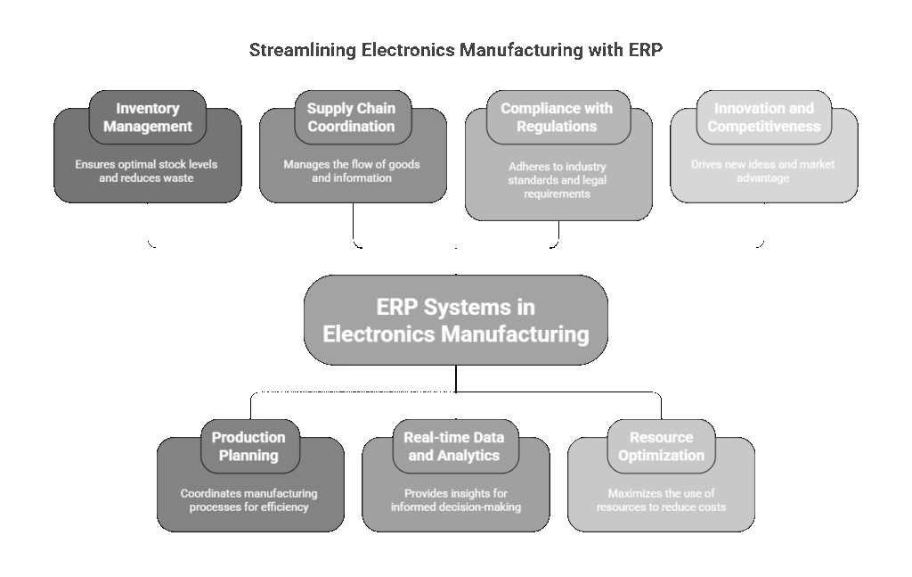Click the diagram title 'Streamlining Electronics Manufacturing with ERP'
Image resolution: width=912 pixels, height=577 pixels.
[x=455, y=50]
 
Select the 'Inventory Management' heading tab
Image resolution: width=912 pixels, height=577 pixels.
[x=148, y=117]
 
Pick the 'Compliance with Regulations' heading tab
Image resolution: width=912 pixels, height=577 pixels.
[x=557, y=117]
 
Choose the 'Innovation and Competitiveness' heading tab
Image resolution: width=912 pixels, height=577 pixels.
[x=763, y=117]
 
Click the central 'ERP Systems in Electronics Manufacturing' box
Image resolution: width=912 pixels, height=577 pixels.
[x=455, y=320]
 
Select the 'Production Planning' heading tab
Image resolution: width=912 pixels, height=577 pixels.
[x=248, y=446]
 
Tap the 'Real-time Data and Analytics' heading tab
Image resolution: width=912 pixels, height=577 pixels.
[x=454, y=446]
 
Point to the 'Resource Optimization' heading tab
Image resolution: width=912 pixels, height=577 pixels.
[x=661, y=446]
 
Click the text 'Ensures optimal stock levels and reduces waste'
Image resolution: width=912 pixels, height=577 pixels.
[x=147, y=171]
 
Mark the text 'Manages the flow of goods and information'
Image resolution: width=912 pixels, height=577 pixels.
[x=352, y=171]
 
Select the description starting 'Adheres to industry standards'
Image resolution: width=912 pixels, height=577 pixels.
[x=558, y=179]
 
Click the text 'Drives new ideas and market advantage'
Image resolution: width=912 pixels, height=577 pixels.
[x=763, y=171]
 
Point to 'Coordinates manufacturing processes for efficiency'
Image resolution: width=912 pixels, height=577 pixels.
[x=248, y=500]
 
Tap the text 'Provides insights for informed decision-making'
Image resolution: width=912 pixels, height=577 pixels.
[x=455, y=500]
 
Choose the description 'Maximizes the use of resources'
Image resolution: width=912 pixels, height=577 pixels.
[x=661, y=500]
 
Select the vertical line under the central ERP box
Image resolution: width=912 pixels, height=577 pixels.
[x=456, y=379]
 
